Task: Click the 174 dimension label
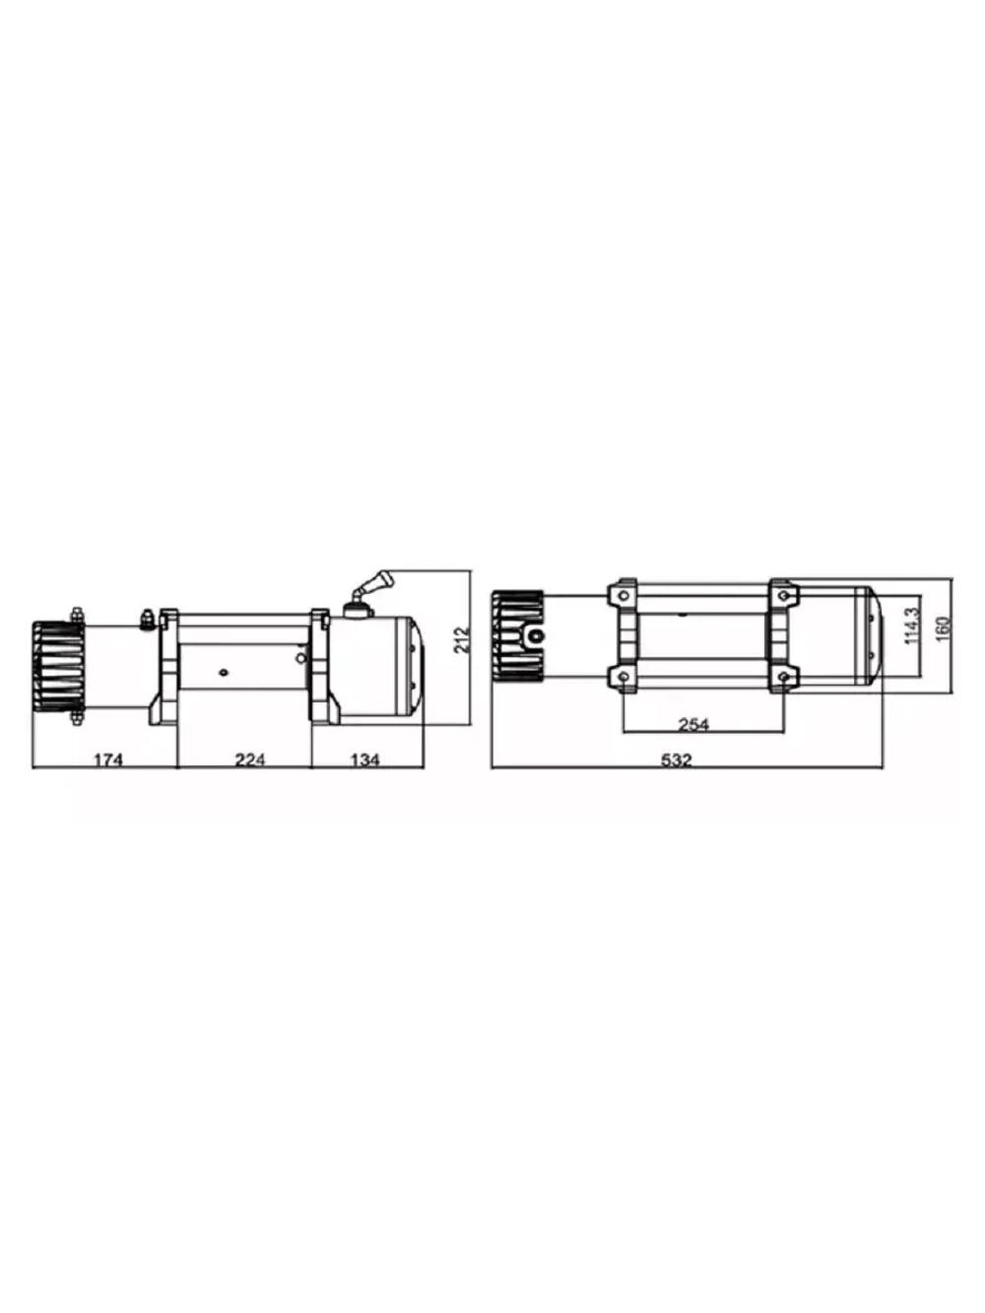[x=107, y=759]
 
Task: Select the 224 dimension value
[x=249, y=759]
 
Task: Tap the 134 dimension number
[x=364, y=759]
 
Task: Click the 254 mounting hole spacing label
[x=693, y=725]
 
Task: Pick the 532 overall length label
[x=677, y=759]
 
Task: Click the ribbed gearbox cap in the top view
[x=517, y=636]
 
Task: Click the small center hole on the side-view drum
[x=225, y=673]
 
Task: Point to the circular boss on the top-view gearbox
[x=535, y=636]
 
